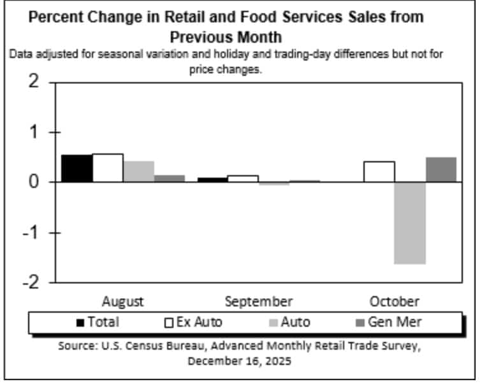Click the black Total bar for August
pos(77,169)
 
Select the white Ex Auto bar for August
pos(107,168)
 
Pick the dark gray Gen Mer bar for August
pos(169,179)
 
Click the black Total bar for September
pos(212,180)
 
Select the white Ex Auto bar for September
pos(243,179)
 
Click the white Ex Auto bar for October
pos(379,172)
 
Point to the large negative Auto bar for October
pos(410,223)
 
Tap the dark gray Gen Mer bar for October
pos(441,170)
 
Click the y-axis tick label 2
pos(33,83)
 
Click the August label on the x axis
pos(122,301)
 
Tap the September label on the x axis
pos(258,301)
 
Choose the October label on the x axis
pos(394,301)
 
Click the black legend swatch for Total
pos(80,322)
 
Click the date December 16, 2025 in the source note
pos(240,361)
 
